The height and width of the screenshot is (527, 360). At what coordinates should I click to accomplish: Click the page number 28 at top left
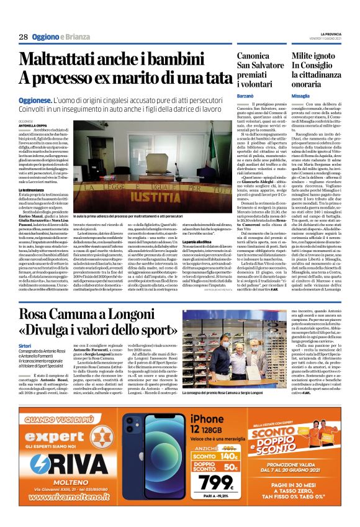click(24, 37)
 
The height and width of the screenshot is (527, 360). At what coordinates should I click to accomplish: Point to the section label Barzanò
click(246, 97)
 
